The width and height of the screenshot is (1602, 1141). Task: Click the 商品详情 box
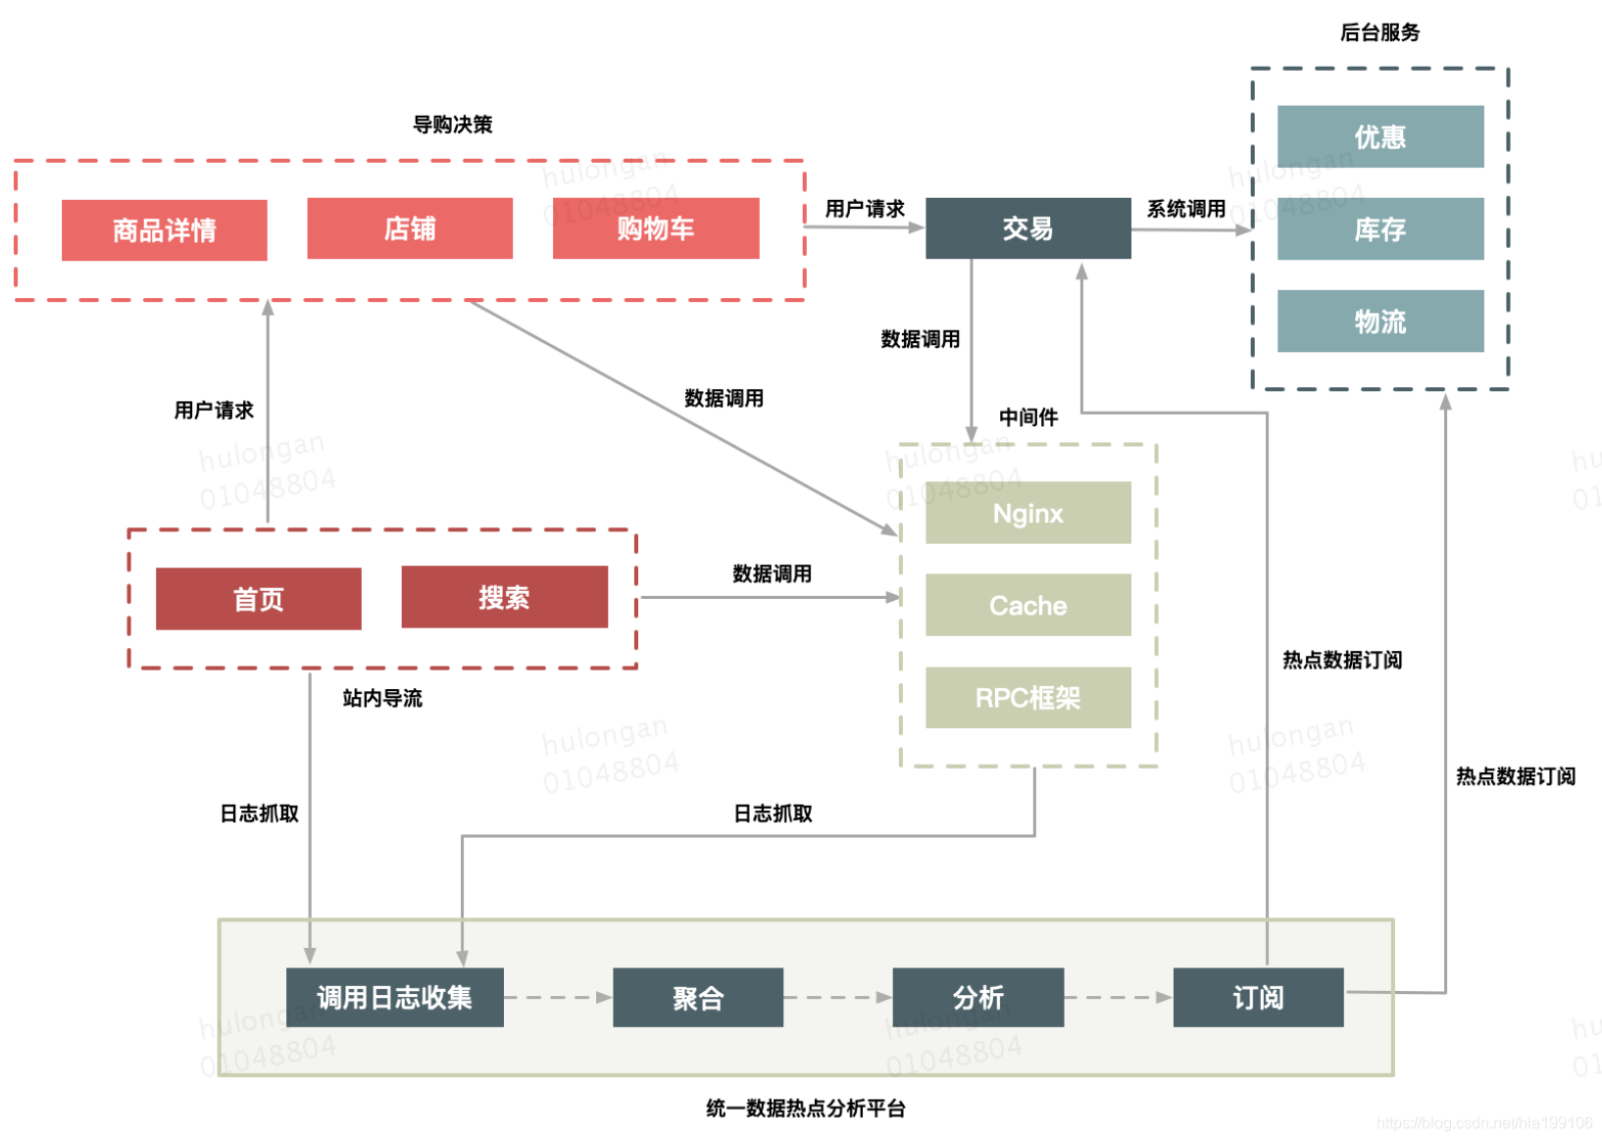164,230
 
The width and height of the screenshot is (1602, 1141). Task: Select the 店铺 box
410,228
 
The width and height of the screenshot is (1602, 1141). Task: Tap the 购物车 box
655,228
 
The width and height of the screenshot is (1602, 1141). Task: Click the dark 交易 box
1027,228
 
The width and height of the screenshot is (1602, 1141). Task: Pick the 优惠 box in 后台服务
1379,137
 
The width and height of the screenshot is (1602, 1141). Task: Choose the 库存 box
1379,229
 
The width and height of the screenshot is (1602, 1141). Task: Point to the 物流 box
1379,322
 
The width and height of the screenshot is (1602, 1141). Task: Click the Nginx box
1027,513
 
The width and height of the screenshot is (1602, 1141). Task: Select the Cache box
1027,605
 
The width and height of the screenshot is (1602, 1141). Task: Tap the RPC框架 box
1027,698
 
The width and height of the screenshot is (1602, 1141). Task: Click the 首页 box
258,599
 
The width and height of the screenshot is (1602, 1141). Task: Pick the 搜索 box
504,597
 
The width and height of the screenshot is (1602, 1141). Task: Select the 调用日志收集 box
394,998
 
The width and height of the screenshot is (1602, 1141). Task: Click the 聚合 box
697,998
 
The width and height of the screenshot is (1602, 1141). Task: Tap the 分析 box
977,998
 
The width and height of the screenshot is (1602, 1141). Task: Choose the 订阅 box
1258,998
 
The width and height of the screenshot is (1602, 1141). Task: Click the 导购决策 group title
452,124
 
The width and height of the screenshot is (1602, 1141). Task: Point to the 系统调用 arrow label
1186,209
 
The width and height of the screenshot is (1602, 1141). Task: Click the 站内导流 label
382,698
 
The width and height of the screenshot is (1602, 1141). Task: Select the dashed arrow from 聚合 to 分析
837,998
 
